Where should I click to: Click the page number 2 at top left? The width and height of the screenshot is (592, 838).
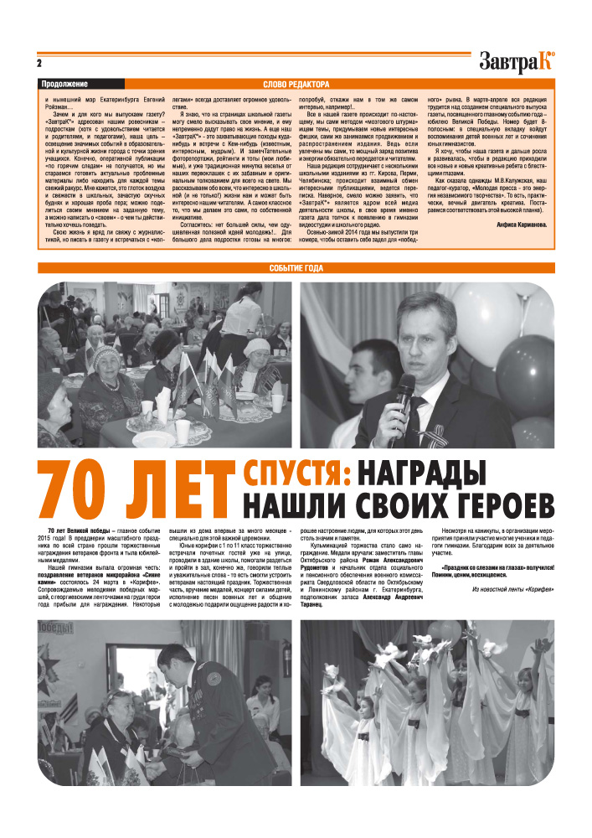(x=39, y=63)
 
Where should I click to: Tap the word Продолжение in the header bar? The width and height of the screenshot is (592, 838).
(x=64, y=85)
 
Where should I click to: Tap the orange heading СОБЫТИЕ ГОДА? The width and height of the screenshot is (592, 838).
(x=296, y=268)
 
